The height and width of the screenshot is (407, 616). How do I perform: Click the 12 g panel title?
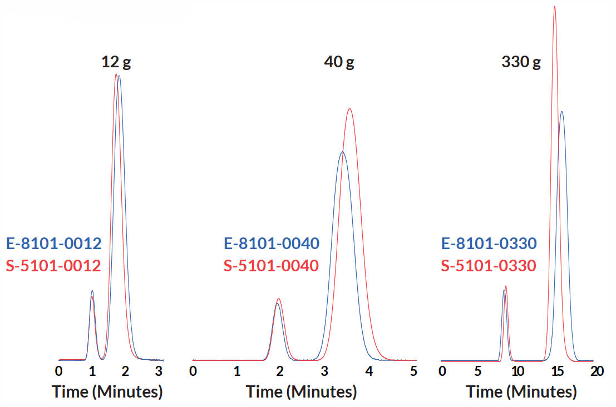(x=116, y=62)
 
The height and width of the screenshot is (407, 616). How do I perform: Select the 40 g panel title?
(x=339, y=62)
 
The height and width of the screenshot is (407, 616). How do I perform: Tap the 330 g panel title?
(x=521, y=62)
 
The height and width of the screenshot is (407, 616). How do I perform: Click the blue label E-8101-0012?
(x=53, y=244)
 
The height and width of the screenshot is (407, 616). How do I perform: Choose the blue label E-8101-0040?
(x=272, y=244)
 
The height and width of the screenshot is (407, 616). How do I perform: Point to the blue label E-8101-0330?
(x=489, y=244)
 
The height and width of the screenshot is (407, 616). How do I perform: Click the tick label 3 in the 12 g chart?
(x=159, y=371)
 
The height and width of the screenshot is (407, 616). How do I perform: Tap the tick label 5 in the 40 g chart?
(x=413, y=371)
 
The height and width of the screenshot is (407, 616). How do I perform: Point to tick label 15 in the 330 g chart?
(x=555, y=371)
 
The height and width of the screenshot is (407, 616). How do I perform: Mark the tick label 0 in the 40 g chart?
(x=193, y=371)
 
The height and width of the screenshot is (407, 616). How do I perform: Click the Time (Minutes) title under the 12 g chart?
(x=107, y=392)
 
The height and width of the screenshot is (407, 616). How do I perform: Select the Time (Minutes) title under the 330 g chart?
(x=521, y=392)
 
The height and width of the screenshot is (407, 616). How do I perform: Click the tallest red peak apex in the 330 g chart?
(x=554, y=7)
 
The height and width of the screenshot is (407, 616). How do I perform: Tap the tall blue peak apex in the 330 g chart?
(x=562, y=112)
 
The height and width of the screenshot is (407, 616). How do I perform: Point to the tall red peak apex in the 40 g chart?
(x=349, y=109)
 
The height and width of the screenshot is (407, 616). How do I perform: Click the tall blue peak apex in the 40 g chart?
(x=342, y=152)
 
